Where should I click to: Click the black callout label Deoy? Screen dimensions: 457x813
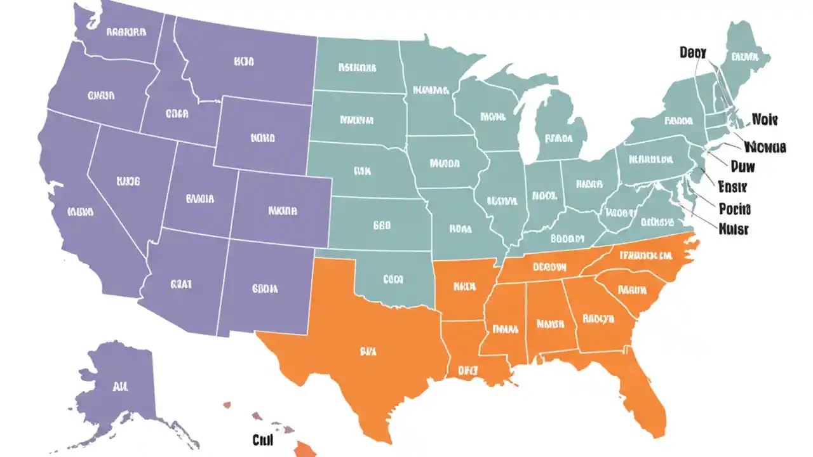pyautogui.click(x=692, y=53)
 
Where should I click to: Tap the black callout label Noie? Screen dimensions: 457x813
pyautogui.click(x=765, y=119)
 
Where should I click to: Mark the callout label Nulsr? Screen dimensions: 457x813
pyautogui.click(x=733, y=228)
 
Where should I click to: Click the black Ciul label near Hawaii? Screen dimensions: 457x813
pyautogui.click(x=262, y=439)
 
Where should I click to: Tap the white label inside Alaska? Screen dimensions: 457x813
pyautogui.click(x=119, y=385)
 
